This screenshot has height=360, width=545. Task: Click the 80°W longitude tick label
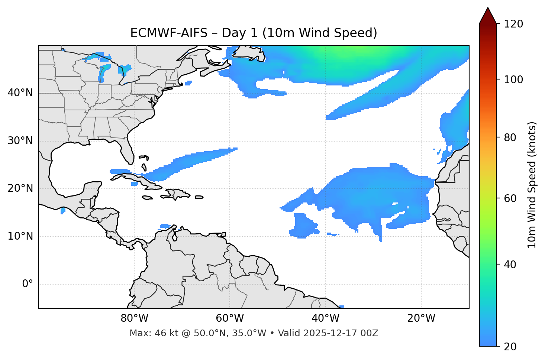click(x=134, y=318)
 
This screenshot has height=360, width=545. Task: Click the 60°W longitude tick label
click(x=230, y=318)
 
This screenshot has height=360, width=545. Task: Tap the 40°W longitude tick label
click(x=325, y=318)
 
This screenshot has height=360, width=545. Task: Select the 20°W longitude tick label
click(x=421, y=318)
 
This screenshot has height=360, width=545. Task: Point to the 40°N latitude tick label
click(x=20, y=93)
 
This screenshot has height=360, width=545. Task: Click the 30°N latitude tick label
click(x=20, y=141)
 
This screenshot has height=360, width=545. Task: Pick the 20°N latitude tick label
click(x=20, y=188)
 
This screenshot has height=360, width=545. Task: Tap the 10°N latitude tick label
click(x=20, y=236)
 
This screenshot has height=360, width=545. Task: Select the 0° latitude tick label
click(x=28, y=284)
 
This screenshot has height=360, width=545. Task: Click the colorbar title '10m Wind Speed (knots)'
click(x=532, y=185)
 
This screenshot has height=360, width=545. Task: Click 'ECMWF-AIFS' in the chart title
click(x=169, y=33)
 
